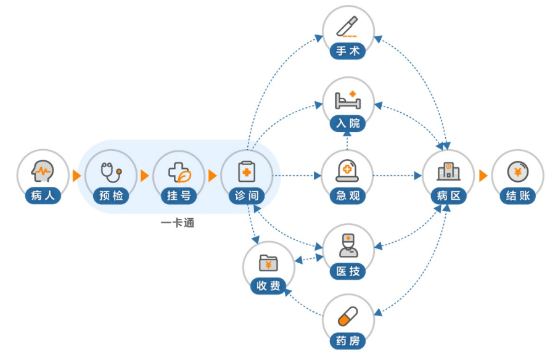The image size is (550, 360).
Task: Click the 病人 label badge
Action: [x=43, y=196]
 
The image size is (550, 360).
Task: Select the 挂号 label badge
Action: [x=179, y=196]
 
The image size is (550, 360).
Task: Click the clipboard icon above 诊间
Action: [x=247, y=171]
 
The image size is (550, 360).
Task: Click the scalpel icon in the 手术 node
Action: [x=348, y=27]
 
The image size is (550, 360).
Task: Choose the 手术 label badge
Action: [x=348, y=51]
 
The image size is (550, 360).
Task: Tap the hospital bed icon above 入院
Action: [x=348, y=99]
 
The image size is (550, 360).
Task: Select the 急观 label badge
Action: [x=348, y=196]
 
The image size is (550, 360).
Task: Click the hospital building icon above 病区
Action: [x=448, y=171]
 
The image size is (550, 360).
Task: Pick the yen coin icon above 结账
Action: [x=517, y=171]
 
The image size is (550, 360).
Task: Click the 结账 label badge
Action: [x=517, y=196]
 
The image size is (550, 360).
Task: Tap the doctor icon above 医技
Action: [x=348, y=245]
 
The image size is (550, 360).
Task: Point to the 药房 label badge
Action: [x=348, y=341]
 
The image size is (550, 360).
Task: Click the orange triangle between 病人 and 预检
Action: [x=76, y=176]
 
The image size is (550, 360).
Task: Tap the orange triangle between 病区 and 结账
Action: [x=483, y=176]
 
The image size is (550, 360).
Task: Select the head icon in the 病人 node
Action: [x=43, y=171]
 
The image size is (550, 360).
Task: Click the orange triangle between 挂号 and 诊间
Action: [x=213, y=176]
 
